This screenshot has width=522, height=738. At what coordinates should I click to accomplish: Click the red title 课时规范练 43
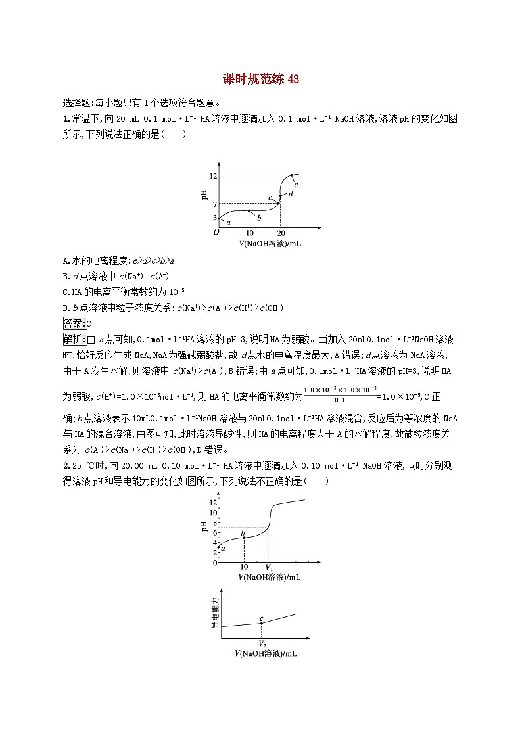(261, 80)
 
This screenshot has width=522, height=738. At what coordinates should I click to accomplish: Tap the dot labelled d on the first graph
(281, 195)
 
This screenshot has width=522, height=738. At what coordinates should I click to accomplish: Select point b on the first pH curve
(249, 210)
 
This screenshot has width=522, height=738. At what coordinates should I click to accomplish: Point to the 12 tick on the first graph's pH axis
(213, 175)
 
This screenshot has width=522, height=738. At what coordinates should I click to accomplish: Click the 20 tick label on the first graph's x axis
(281, 233)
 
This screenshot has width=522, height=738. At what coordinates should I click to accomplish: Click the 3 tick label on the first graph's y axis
(214, 218)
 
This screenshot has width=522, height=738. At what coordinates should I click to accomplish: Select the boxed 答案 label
(74, 323)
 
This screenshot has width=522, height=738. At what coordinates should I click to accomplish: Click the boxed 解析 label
(74, 339)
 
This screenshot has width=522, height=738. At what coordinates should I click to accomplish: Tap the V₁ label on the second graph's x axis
(268, 567)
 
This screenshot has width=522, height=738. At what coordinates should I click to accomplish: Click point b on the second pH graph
(245, 538)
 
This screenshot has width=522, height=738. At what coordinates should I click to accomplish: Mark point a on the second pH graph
(219, 548)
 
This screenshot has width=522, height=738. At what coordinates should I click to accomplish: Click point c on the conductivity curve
(262, 623)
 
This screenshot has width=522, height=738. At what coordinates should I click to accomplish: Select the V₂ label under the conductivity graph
(262, 643)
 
